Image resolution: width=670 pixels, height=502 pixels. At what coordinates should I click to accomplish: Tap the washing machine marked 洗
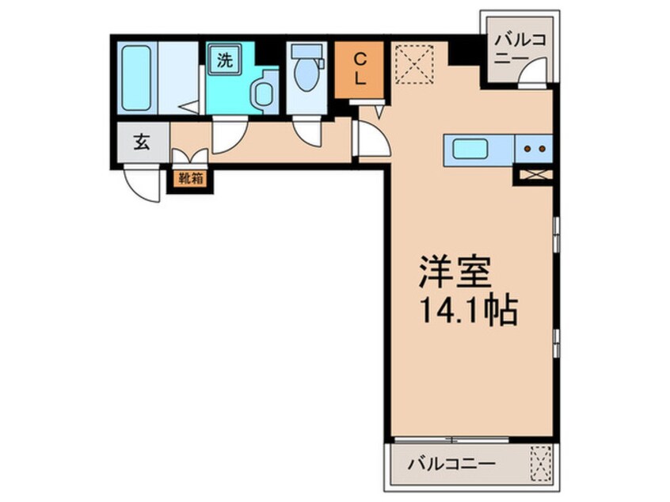(x=225, y=61)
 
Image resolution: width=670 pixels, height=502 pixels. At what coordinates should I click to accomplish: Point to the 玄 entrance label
(x=142, y=143)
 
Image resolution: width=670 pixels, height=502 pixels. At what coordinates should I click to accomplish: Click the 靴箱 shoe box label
(x=190, y=179)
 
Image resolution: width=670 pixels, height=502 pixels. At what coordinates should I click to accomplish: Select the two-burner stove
(x=533, y=148)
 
